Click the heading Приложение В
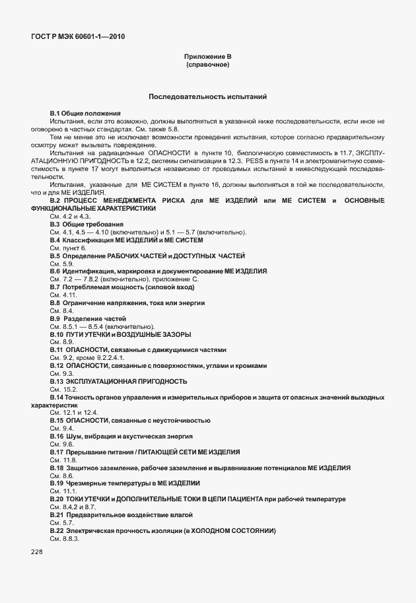207,57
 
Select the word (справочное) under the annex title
207,65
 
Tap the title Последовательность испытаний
207,96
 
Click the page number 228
36,551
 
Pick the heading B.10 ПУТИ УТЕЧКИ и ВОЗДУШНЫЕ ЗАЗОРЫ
120,334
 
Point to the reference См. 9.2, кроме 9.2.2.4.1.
87,358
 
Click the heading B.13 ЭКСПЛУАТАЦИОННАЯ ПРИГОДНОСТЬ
118,381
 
